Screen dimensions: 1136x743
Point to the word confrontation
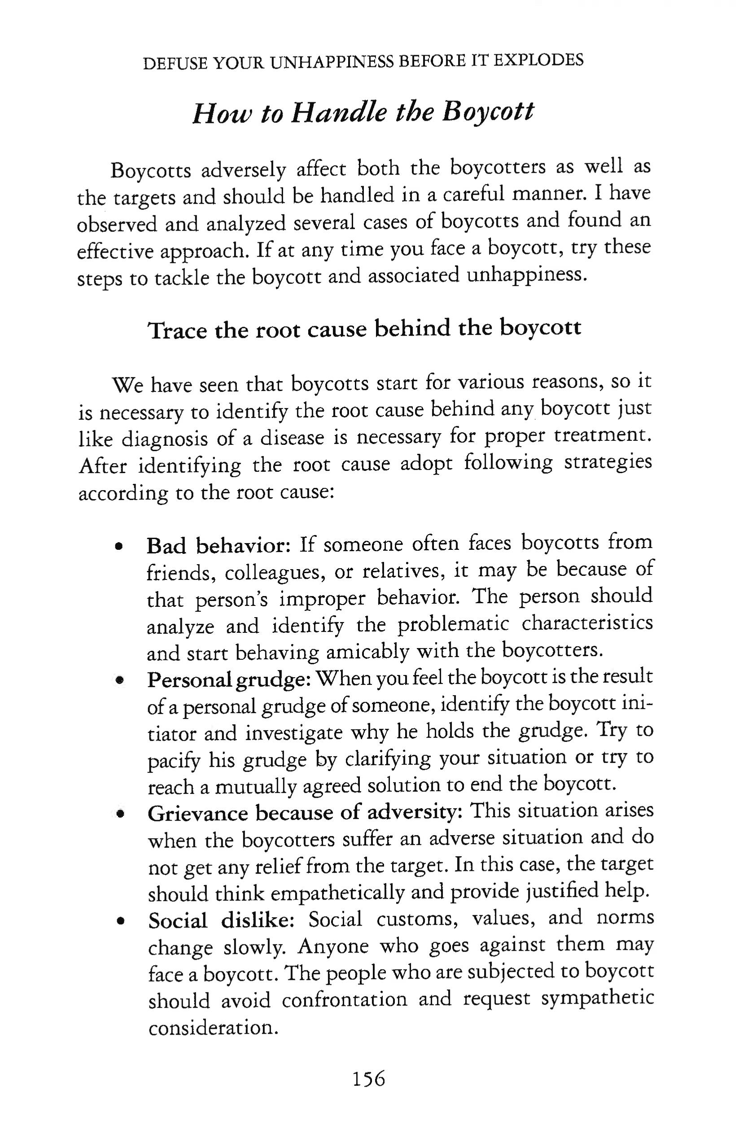click(344, 998)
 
